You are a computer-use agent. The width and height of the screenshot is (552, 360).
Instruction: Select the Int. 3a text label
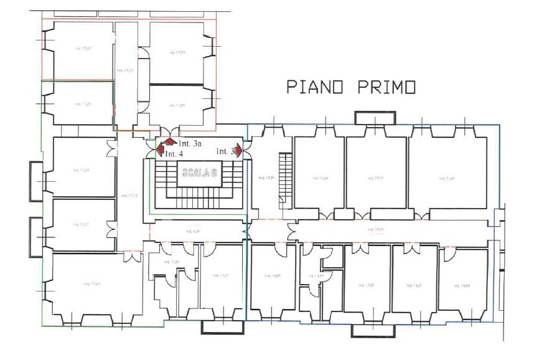tap(190, 144)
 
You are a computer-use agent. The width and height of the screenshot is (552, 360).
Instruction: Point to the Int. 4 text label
tap(174, 153)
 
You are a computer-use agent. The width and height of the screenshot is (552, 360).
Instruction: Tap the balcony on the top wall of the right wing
tap(375, 117)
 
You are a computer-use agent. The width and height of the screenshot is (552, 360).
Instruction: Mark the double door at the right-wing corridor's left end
tap(291, 230)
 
